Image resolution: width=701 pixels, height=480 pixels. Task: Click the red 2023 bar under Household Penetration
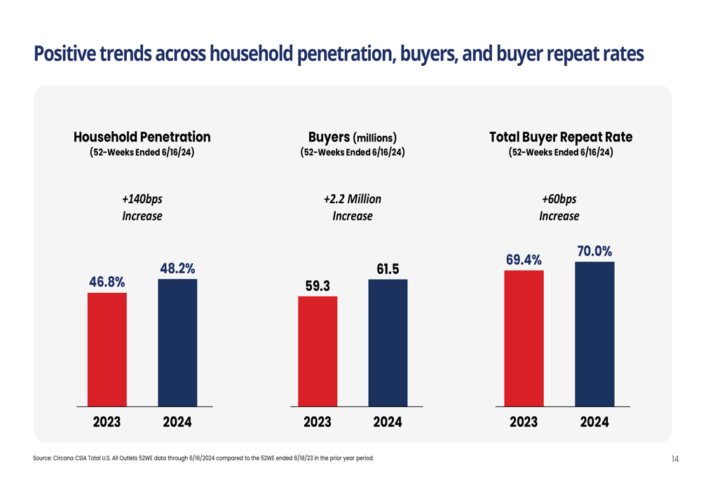(x=107, y=349)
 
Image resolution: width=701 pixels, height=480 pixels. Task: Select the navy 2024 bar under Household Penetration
(x=177, y=342)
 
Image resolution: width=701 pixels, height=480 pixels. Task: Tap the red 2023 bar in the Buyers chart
(x=318, y=351)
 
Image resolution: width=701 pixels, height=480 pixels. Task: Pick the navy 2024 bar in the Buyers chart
(x=388, y=342)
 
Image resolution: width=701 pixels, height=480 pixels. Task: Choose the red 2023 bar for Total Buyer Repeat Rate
(x=524, y=338)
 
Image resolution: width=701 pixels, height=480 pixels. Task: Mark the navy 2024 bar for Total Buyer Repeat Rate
(x=594, y=334)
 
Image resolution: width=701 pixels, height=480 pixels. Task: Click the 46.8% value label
(x=107, y=282)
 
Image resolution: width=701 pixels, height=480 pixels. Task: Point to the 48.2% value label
(x=177, y=268)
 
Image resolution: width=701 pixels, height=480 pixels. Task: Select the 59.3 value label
(x=318, y=286)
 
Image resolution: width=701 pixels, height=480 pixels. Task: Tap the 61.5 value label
(x=388, y=269)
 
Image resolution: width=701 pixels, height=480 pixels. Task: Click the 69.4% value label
(x=524, y=260)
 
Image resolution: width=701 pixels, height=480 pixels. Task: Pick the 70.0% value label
(x=594, y=251)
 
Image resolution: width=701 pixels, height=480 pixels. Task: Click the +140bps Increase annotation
(x=142, y=207)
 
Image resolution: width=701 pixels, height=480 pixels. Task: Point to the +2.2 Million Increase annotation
(x=353, y=207)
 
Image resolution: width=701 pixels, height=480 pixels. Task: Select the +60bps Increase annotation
(x=559, y=207)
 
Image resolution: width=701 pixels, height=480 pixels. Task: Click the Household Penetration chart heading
(x=142, y=137)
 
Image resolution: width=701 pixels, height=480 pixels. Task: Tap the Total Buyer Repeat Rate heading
(x=561, y=137)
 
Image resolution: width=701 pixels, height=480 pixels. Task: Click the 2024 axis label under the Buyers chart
(x=388, y=423)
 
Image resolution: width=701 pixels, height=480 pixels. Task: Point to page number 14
(x=675, y=459)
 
